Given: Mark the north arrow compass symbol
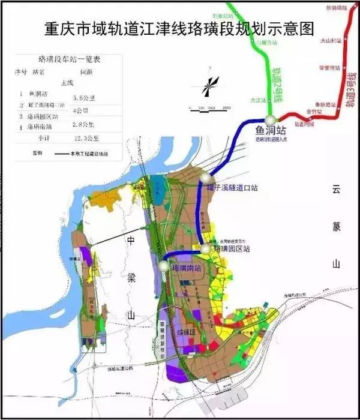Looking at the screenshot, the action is (208, 86).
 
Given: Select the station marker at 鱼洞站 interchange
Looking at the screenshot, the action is (271, 118).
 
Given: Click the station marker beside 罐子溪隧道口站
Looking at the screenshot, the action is (207, 178).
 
